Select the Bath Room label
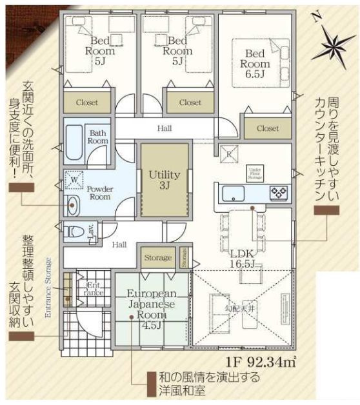pos(98,136)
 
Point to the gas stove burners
pos(278,192)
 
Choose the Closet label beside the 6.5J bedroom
pos(267,128)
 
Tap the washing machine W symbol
pos(75,180)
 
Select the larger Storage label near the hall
pos(157,257)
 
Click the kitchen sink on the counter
pos(232,192)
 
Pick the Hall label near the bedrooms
pos(164,128)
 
